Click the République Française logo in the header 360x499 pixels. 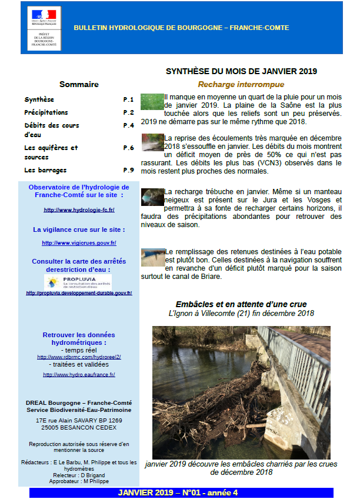(x=44, y=16)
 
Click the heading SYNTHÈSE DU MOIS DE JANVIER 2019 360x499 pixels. (x=241, y=71)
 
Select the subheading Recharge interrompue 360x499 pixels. (x=241, y=85)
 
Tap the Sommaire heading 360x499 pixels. (x=79, y=84)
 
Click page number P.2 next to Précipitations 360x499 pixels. (x=128, y=112)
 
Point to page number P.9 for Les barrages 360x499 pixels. (x=128, y=170)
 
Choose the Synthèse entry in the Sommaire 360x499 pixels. (x=39, y=99)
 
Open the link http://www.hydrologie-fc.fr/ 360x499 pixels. (x=79, y=209)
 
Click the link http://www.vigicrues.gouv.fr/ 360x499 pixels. (x=79, y=242)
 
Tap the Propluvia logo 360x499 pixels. (x=78, y=282)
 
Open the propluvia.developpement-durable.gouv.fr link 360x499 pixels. (x=79, y=292)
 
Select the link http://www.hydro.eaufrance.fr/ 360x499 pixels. (x=79, y=374)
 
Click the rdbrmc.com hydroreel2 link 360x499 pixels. (x=79, y=357)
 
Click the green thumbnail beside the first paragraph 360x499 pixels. (x=152, y=102)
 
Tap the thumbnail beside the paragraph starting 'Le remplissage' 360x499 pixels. (x=152, y=257)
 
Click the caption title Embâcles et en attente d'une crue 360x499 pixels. (x=241, y=304)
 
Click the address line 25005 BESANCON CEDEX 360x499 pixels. (x=79, y=428)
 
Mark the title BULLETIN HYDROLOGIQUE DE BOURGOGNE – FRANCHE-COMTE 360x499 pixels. (x=181, y=28)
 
